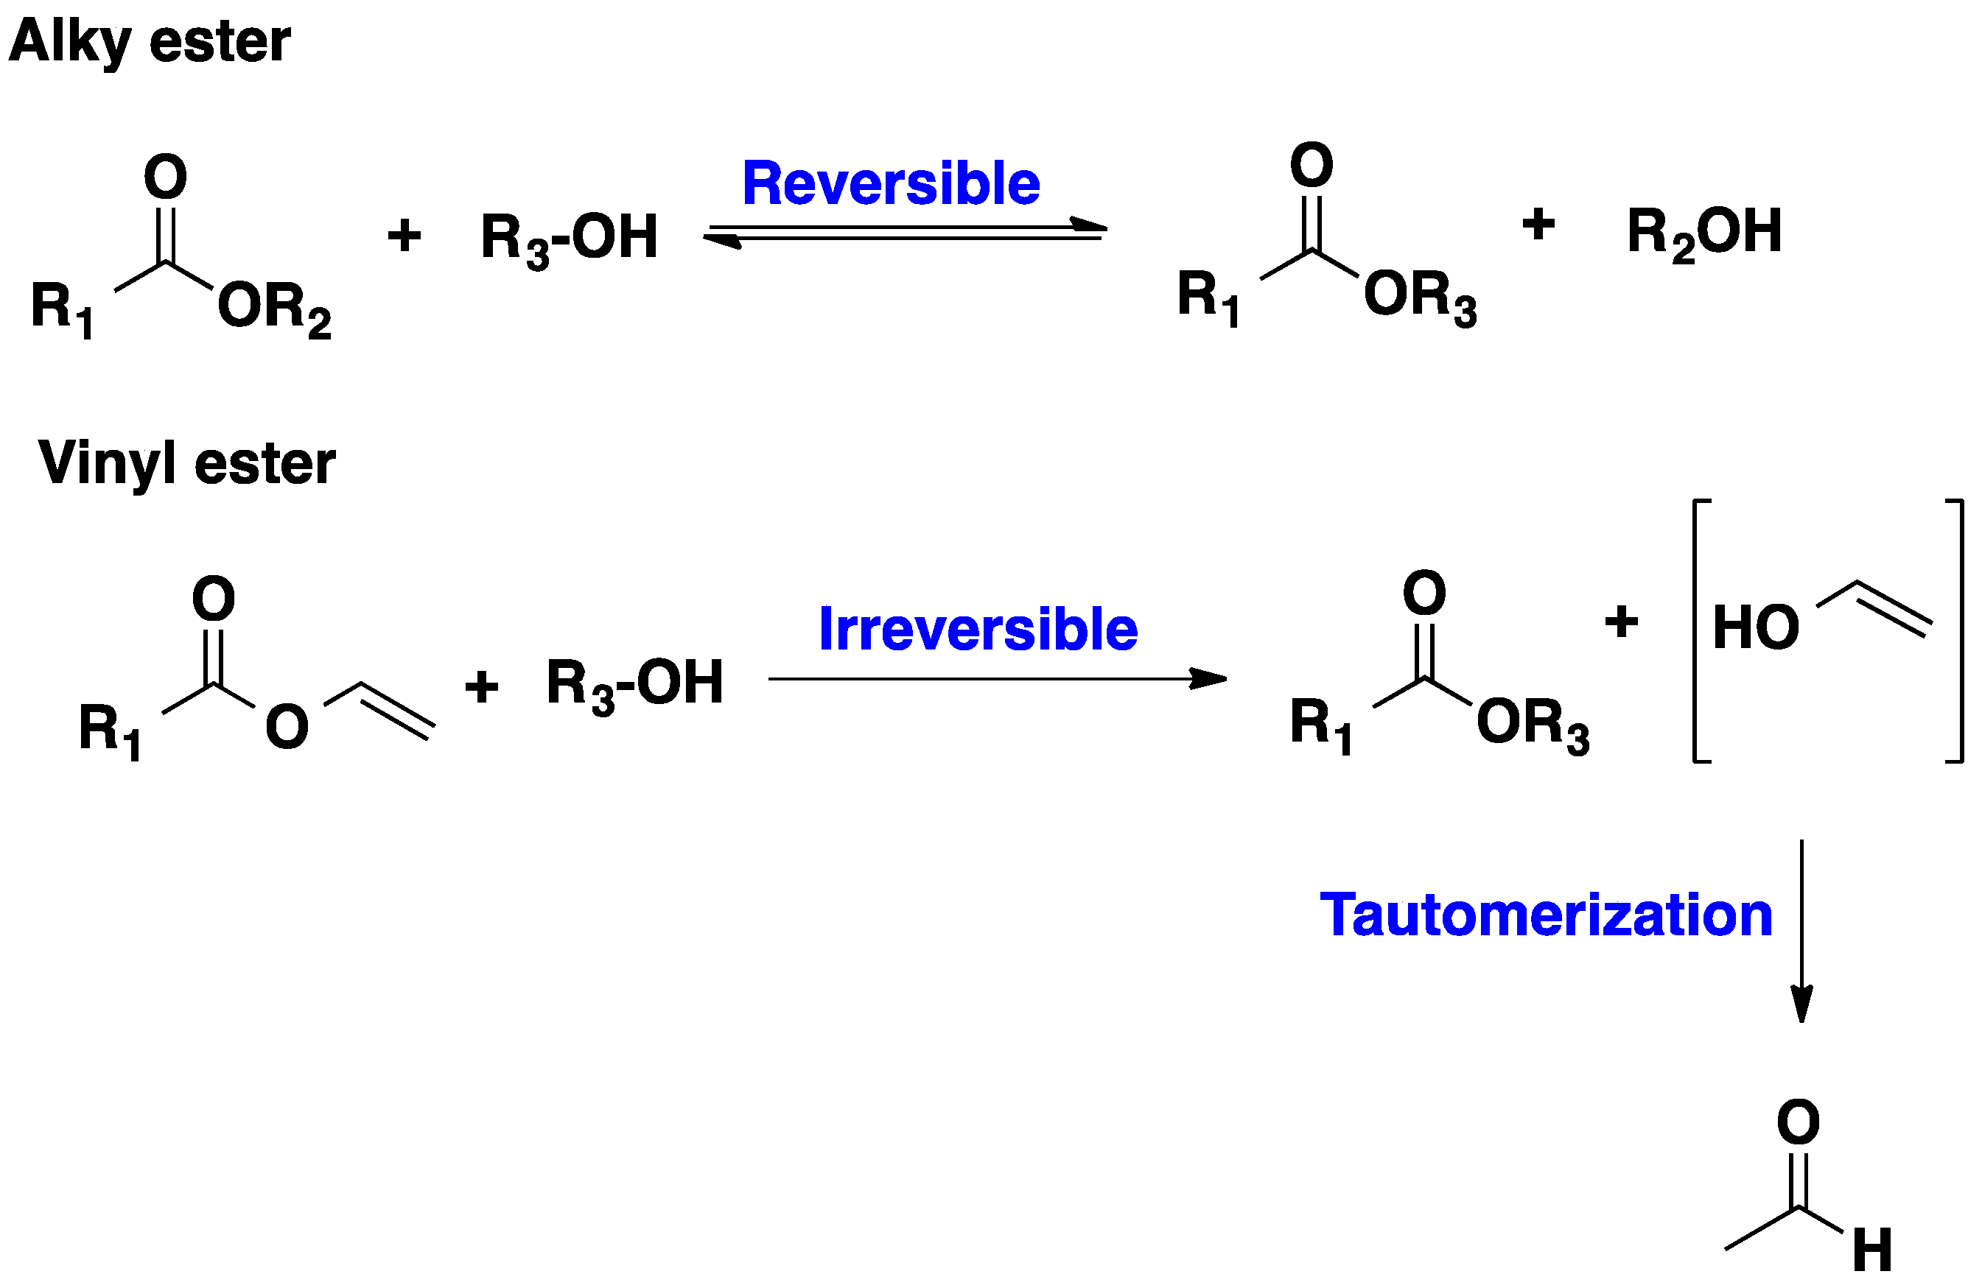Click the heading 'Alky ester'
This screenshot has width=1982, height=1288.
point(150,42)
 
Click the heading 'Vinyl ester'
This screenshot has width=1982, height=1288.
point(186,463)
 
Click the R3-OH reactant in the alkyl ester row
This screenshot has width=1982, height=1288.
point(569,238)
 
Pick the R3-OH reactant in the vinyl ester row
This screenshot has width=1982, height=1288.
point(634,683)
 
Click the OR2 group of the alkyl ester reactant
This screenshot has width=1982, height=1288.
point(274,309)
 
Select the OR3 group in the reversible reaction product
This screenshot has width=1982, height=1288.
point(1420,298)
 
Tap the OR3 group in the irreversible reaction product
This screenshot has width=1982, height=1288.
point(1533,725)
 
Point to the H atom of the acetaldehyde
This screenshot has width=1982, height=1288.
point(1873,1250)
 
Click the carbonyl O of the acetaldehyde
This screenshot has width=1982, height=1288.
point(1798,1122)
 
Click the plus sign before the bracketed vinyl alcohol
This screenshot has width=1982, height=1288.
point(1620,621)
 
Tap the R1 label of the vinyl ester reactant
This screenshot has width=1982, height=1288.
point(109,731)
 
